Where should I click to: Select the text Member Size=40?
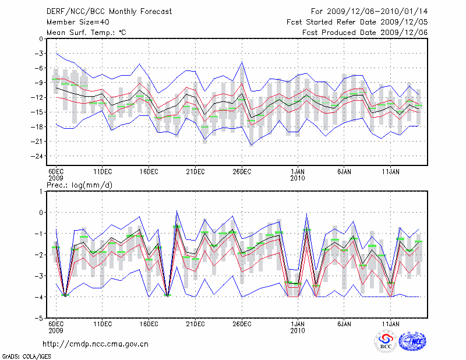click(x=73, y=22)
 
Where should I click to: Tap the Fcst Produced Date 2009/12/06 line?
click(x=365, y=32)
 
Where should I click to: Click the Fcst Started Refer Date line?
click(x=358, y=22)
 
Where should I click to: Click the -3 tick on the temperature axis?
click(x=38, y=53)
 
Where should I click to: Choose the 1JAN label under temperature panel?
click(x=298, y=172)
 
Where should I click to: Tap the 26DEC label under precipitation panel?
click(x=242, y=323)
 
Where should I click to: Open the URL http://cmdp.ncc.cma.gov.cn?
click(x=96, y=344)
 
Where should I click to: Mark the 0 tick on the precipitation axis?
click(x=40, y=212)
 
